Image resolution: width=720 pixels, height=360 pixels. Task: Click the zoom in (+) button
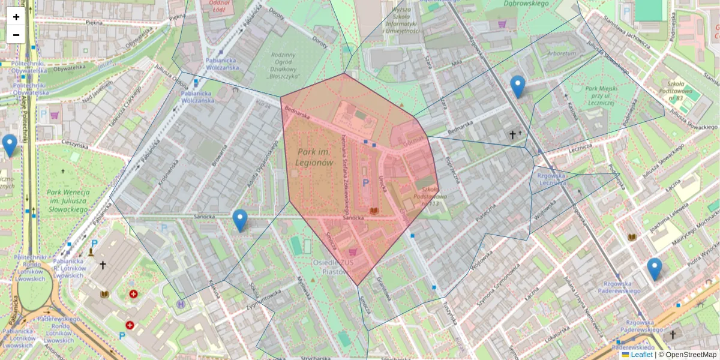[16, 17]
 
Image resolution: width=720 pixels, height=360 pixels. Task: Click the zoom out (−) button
[16, 35]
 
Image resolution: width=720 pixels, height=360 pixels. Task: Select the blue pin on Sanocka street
[240, 220]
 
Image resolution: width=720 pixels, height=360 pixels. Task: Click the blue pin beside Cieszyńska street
[10, 145]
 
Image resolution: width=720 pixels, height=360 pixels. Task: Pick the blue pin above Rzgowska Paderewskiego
[655, 269]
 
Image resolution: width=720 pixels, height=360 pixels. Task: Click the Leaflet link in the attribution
[641, 355]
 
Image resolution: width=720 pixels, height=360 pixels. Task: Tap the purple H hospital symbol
[181, 304]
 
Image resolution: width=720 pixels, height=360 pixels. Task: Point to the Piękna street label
[94, 22]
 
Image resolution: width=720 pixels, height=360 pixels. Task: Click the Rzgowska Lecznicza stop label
[549, 179]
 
